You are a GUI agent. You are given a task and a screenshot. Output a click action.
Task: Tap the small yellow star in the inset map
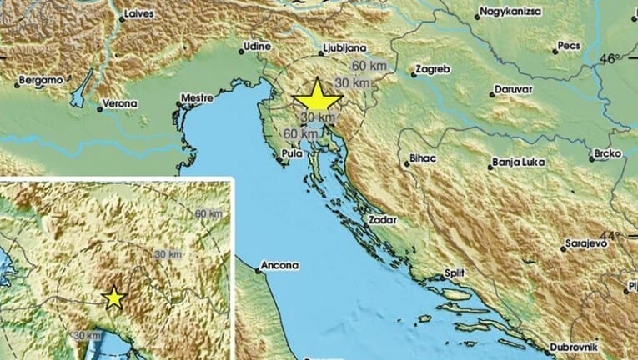(114, 297)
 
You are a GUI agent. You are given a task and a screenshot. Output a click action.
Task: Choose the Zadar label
(380, 221)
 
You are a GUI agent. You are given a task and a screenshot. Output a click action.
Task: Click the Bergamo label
(39, 81)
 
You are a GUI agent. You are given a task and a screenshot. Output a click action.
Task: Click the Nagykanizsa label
(512, 13)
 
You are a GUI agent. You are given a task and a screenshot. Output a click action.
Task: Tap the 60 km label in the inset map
(208, 213)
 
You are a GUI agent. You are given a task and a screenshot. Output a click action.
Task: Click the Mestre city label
(198, 101)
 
